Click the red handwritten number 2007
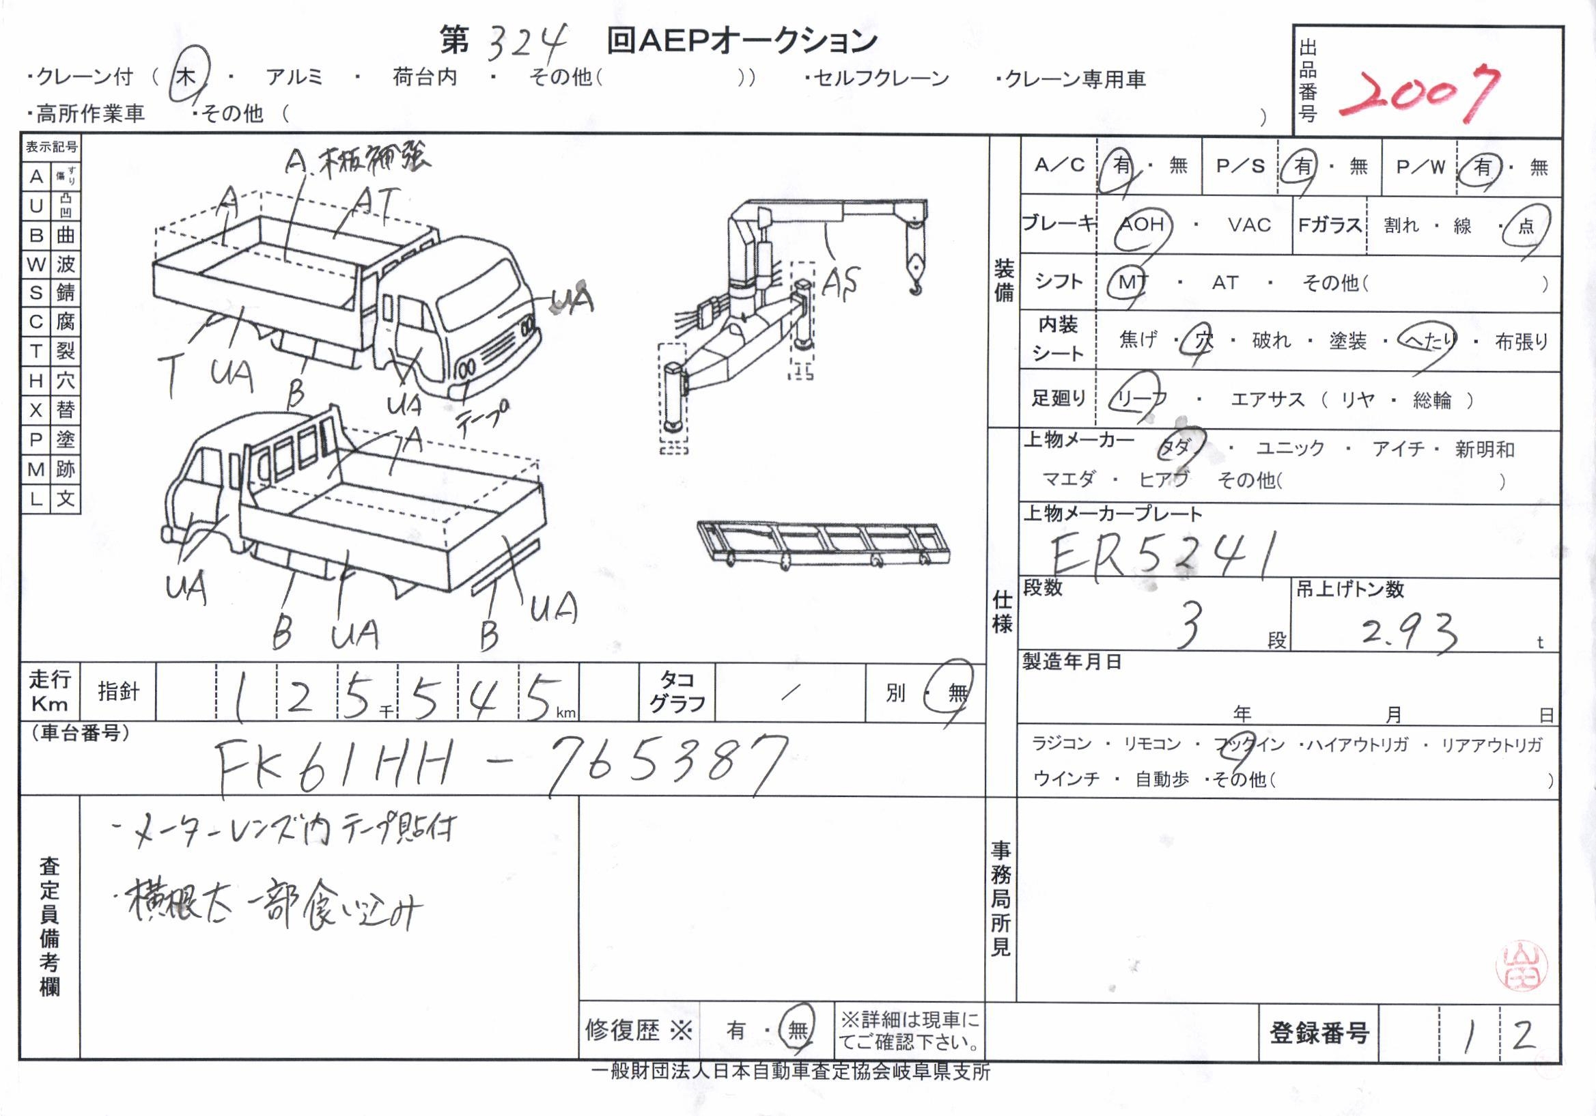coord(1418,94)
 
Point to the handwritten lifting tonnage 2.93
coord(1408,632)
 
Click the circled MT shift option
coord(1134,282)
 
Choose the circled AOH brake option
coord(1141,225)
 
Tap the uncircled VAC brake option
coord(1249,225)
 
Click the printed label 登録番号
coord(1319,1033)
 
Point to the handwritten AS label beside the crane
coord(841,282)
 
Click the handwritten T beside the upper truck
coord(170,373)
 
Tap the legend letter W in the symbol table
coord(36,264)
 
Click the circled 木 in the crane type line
coord(186,76)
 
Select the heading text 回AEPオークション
coord(742,42)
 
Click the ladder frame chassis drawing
coord(824,542)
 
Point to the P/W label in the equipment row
coord(1420,167)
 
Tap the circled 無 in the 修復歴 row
coord(796,1029)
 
